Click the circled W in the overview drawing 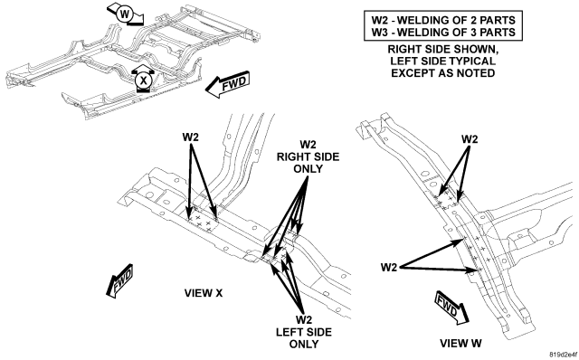click(125, 14)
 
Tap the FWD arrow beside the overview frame click(227, 84)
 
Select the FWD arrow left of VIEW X click(119, 281)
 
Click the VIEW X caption click(204, 293)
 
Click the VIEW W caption click(460, 344)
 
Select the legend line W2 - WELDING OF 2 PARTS click(443, 20)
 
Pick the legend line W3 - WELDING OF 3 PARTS click(443, 33)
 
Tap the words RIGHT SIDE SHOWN click(442, 50)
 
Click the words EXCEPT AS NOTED click(442, 73)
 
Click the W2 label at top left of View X click(191, 137)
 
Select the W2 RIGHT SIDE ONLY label click(308, 156)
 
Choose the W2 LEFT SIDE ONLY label click(304, 332)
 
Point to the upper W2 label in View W click(470, 139)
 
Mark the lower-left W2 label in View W click(389, 267)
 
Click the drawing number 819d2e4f click(564, 355)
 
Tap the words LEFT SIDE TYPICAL click(442, 62)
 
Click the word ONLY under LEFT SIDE click(304, 344)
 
